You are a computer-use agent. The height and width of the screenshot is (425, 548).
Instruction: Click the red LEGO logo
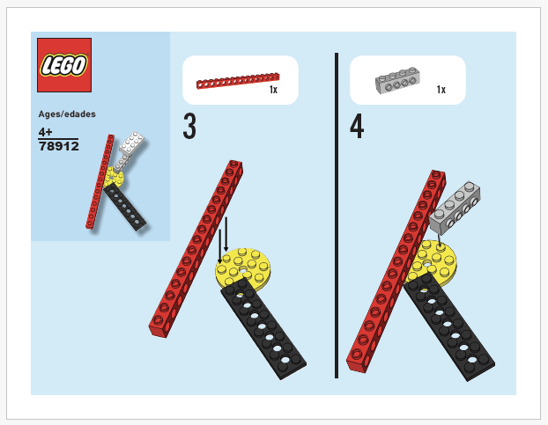point(64,65)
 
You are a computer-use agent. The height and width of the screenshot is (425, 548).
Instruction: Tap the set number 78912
point(59,146)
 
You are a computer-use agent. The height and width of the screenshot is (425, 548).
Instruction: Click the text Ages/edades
point(67,114)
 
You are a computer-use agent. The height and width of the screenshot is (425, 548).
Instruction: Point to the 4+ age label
point(46,131)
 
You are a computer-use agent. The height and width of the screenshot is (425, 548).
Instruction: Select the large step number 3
point(189,128)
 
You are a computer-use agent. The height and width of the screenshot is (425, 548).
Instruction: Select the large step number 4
point(357,128)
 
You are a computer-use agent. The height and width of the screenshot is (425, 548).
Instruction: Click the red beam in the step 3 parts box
point(237,81)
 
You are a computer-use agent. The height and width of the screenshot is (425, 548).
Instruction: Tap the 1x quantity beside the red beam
point(273,90)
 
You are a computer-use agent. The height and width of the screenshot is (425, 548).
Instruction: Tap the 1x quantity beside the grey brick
point(441,90)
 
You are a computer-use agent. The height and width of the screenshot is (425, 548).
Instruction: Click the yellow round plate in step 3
point(250,263)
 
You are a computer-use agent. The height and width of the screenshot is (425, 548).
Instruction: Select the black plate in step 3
point(263,326)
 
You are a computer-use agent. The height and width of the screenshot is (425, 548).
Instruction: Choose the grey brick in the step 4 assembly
point(455,208)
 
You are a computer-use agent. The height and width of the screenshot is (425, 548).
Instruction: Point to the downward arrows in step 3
point(223,239)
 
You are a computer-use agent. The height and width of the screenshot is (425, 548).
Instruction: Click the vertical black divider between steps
point(337,216)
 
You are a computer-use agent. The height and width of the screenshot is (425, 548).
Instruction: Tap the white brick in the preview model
point(131,145)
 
